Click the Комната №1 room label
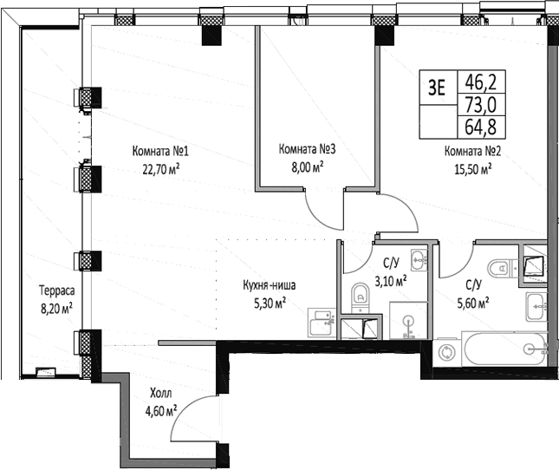pos(160,151)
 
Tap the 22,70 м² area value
pos(161,169)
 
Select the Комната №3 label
pos(307,149)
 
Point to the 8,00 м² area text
pos(308,166)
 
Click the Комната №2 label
pos(472,151)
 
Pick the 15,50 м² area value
pos(473,169)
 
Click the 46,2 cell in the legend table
pos(481,82)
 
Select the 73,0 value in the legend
pos(481,105)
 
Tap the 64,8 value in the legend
pos(481,127)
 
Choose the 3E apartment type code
pos(437,88)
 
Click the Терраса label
pos(56,290)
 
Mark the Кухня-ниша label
pos(270,285)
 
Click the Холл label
pos(161,393)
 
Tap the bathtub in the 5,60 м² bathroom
pos(504,349)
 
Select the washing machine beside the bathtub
pos(446,353)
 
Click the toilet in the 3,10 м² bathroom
pos(360,298)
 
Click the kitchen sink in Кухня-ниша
pos(322,323)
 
